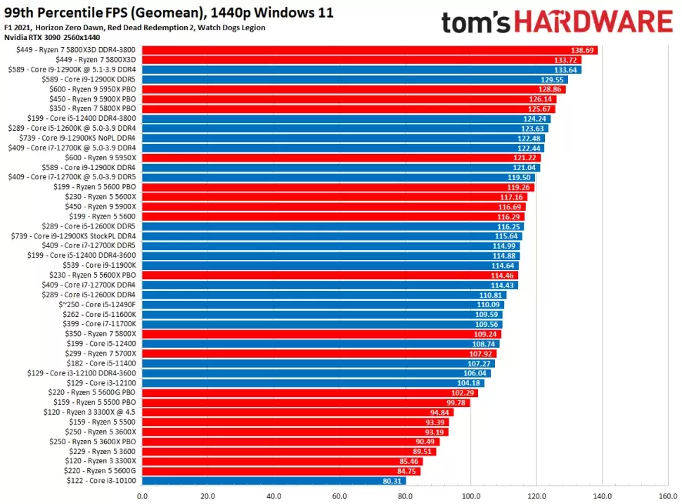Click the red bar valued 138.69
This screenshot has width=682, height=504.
pos(369,51)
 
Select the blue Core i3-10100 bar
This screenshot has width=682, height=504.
pos(274,481)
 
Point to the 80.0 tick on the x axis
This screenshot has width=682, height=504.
pos(405,496)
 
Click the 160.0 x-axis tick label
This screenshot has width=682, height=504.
pos(667,496)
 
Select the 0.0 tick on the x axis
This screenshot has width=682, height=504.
pos(142,496)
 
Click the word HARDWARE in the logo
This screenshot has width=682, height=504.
pos(594,22)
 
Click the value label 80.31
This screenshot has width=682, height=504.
pos(392,481)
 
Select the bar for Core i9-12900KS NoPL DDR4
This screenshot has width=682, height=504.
pos(343,138)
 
